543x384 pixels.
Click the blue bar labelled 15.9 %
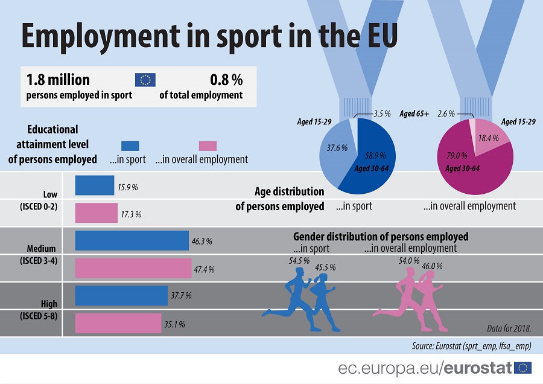[94, 185]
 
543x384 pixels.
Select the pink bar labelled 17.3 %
[96, 213]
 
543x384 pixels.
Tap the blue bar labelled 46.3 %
[132, 240]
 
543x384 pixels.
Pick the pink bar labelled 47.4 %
[133, 268]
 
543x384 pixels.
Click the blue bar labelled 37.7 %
[121, 295]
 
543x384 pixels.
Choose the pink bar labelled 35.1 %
[118, 323]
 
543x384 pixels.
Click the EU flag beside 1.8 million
[145, 80]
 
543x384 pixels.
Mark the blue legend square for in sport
[130, 146]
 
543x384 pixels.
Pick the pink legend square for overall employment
[208, 146]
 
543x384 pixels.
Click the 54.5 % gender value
[299, 261]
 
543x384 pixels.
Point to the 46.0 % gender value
[432, 266]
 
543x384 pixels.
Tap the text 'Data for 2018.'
[509, 328]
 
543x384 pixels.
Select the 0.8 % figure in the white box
[226, 79]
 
